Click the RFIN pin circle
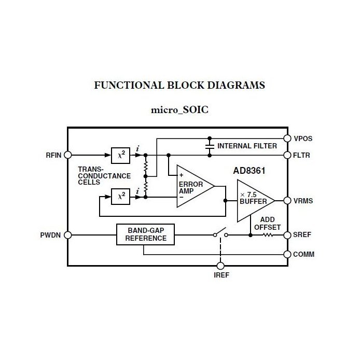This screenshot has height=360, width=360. point(67,155)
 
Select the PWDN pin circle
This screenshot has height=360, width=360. point(67,234)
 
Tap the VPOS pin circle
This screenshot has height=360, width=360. point(287,139)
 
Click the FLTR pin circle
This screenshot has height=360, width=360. point(287,155)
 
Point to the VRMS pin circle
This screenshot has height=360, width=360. point(287,200)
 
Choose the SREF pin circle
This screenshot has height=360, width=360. point(287,234)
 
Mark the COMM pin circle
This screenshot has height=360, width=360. point(287,254)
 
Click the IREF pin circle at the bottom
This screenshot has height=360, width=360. point(220,266)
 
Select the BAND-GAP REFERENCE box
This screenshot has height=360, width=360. point(145,234)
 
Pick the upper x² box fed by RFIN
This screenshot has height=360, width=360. point(121,155)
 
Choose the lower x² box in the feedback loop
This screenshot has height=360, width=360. point(121,196)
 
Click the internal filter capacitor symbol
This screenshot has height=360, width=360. point(210,147)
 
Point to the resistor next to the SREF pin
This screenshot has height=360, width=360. point(268,234)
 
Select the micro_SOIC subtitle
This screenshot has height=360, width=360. point(179,110)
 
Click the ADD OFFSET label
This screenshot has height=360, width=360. point(268,223)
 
